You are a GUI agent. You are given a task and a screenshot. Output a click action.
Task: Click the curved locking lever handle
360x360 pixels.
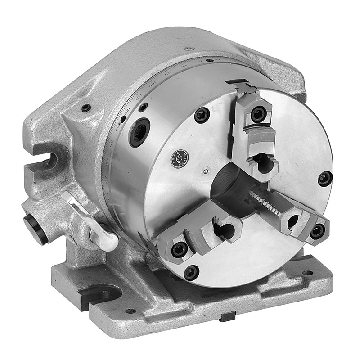coord(90,220)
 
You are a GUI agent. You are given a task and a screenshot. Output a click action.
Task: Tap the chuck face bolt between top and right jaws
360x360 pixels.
coord(324,179)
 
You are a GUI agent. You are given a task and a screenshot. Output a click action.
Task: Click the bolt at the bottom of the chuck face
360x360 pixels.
coord(191,271)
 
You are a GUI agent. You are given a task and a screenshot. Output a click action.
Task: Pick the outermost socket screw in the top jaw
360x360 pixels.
coord(259,113)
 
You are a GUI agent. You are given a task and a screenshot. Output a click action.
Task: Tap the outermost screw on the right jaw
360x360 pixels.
coord(317,230)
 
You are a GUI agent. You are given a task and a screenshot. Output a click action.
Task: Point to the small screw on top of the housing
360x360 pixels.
coord(189,48)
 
